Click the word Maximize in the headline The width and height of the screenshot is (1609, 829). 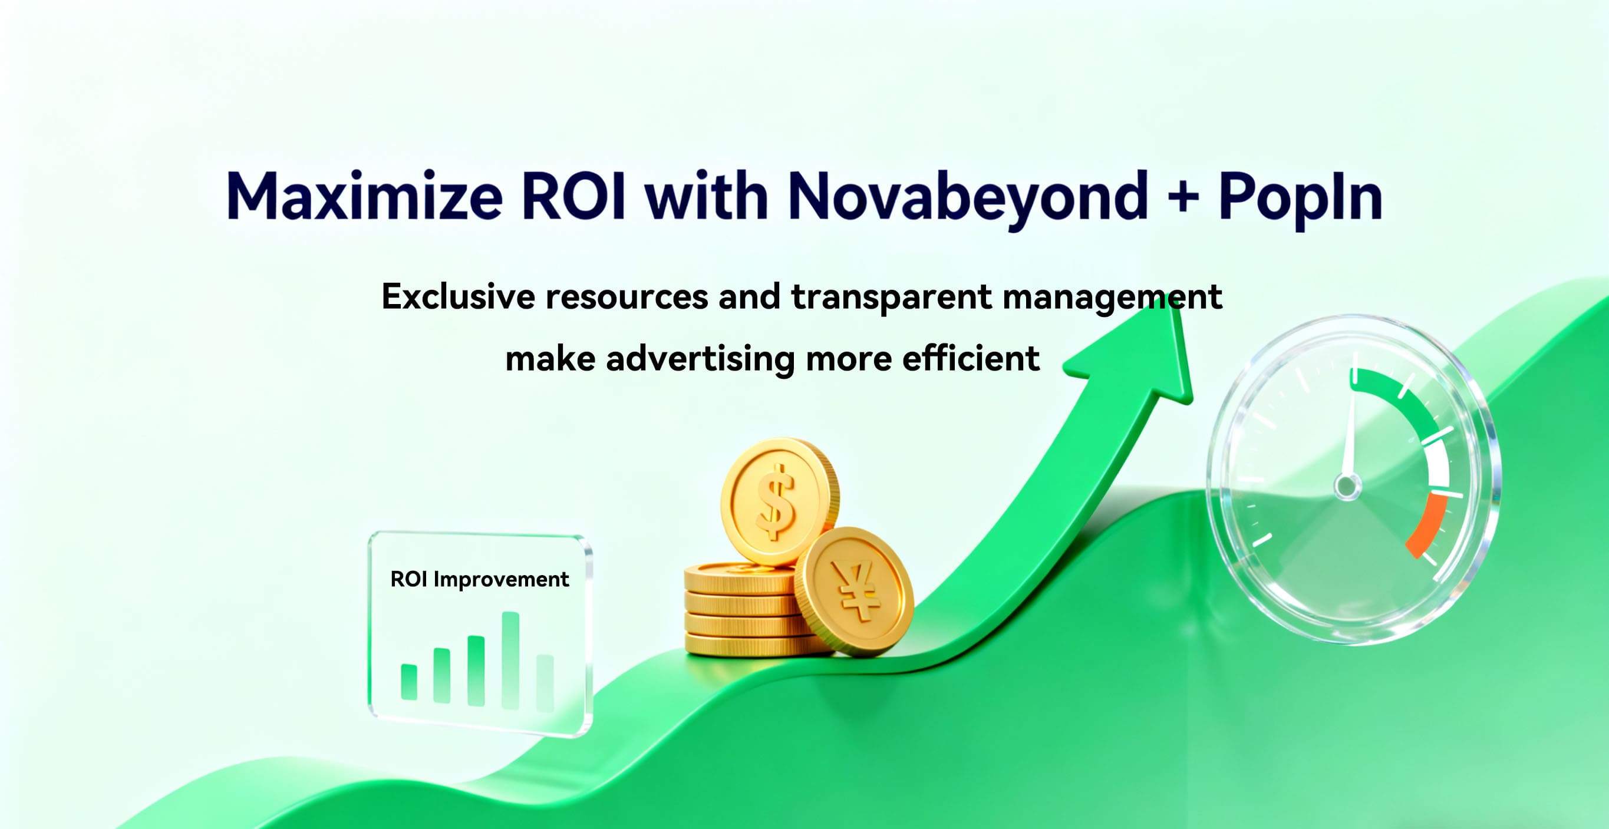tap(364, 196)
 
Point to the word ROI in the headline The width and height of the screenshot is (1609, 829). tap(573, 196)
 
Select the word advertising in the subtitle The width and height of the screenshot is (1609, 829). tap(700, 359)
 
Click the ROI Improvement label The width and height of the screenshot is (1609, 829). tap(479, 580)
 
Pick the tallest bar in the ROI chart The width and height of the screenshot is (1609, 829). tap(510, 660)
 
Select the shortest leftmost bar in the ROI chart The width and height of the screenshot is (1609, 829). tap(409, 682)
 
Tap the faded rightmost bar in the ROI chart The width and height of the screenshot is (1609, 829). tap(545, 683)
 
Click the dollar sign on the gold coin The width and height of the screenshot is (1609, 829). tap(776, 501)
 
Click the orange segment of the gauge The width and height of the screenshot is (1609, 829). tap(1427, 524)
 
